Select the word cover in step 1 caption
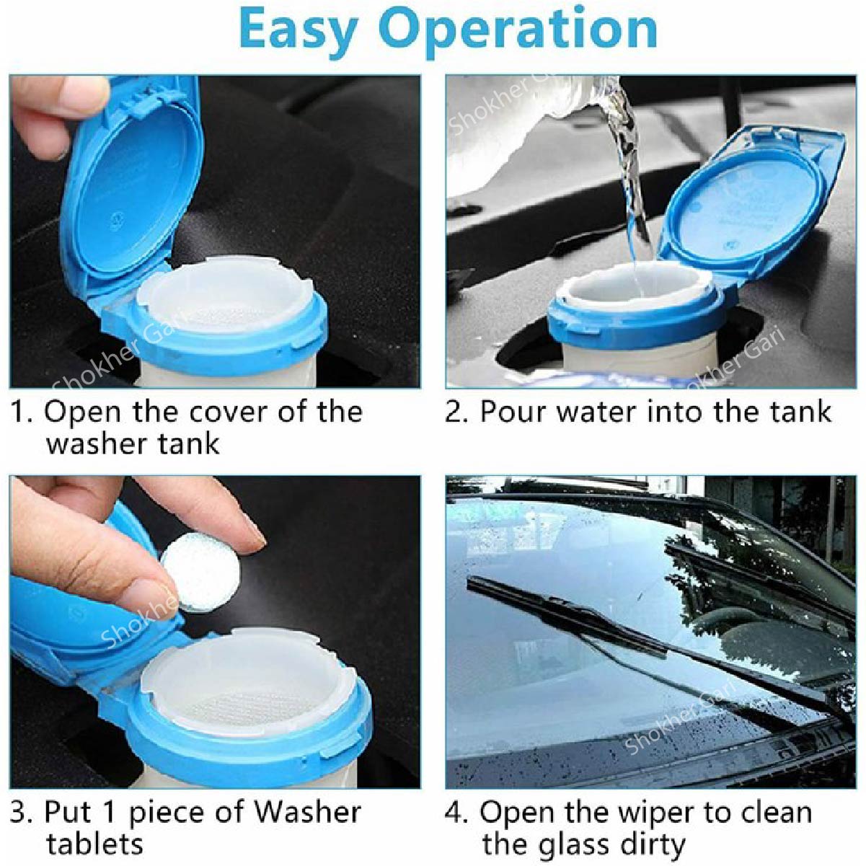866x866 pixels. [233, 412]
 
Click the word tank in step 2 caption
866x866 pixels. [800, 412]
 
